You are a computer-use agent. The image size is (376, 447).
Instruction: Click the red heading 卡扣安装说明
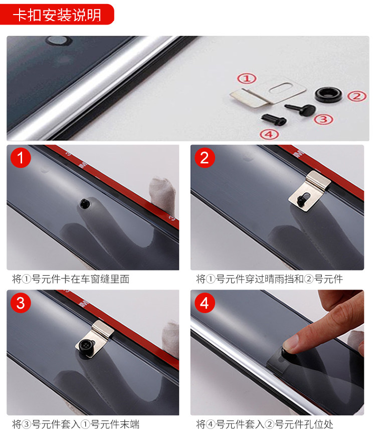57,15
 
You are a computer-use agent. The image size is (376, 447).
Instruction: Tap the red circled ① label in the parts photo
247,78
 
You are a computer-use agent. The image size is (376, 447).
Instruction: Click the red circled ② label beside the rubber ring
356,96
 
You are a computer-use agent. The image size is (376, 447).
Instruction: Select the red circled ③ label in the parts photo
323,119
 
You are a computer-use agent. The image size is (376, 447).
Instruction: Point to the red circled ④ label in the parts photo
269,134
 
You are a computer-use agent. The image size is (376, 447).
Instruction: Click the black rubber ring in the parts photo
328,95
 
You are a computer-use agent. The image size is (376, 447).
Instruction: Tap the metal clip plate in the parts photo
268,92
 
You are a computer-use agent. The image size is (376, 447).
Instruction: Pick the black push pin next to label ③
301,109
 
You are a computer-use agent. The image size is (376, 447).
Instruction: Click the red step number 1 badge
21,158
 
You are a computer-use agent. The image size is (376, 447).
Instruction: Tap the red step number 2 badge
205,158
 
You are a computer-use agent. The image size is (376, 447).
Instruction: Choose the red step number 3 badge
21,303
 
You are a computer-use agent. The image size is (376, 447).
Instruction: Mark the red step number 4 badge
205,303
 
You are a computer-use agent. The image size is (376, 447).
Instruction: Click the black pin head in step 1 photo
84,203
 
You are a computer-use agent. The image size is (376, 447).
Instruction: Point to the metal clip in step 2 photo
309,191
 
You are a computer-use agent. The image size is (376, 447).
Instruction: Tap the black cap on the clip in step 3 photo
86,347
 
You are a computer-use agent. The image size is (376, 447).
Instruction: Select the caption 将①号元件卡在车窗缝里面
71,279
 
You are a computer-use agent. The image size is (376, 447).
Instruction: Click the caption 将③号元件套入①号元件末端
76,424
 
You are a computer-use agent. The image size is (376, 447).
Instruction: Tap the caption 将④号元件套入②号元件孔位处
265,424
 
